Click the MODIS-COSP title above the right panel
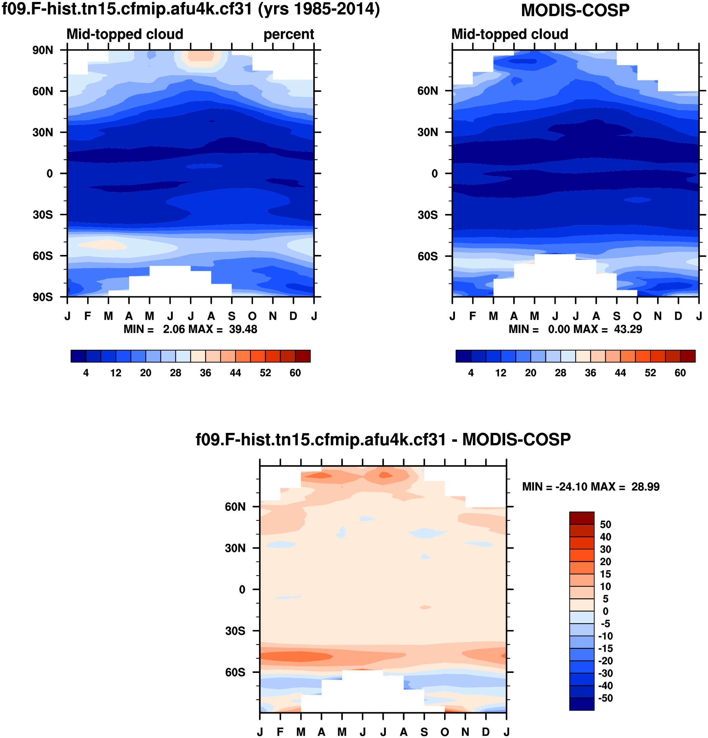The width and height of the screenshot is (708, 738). [x=575, y=11]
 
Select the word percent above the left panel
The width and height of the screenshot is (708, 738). [x=289, y=34]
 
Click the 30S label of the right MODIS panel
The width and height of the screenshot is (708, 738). [x=428, y=215]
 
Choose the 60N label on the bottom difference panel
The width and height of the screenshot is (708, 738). [x=235, y=507]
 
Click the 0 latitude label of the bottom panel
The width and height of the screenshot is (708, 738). [x=242, y=590]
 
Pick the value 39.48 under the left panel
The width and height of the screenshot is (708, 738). [x=243, y=330]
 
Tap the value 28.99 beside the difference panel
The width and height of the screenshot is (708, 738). [x=645, y=487]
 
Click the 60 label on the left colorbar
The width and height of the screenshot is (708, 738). [x=295, y=373]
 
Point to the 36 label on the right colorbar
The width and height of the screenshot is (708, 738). [x=590, y=373]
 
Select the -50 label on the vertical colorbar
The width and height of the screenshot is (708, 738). [x=605, y=698]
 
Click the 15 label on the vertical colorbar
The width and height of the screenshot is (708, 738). [x=605, y=574]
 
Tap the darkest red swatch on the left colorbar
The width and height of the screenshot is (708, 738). [x=303, y=356]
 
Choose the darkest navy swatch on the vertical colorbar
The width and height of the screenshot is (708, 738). [x=582, y=704]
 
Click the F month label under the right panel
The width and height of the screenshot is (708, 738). [x=473, y=316]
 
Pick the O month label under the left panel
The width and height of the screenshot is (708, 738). [x=252, y=316]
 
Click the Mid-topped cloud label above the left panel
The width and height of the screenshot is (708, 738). [x=125, y=34]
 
